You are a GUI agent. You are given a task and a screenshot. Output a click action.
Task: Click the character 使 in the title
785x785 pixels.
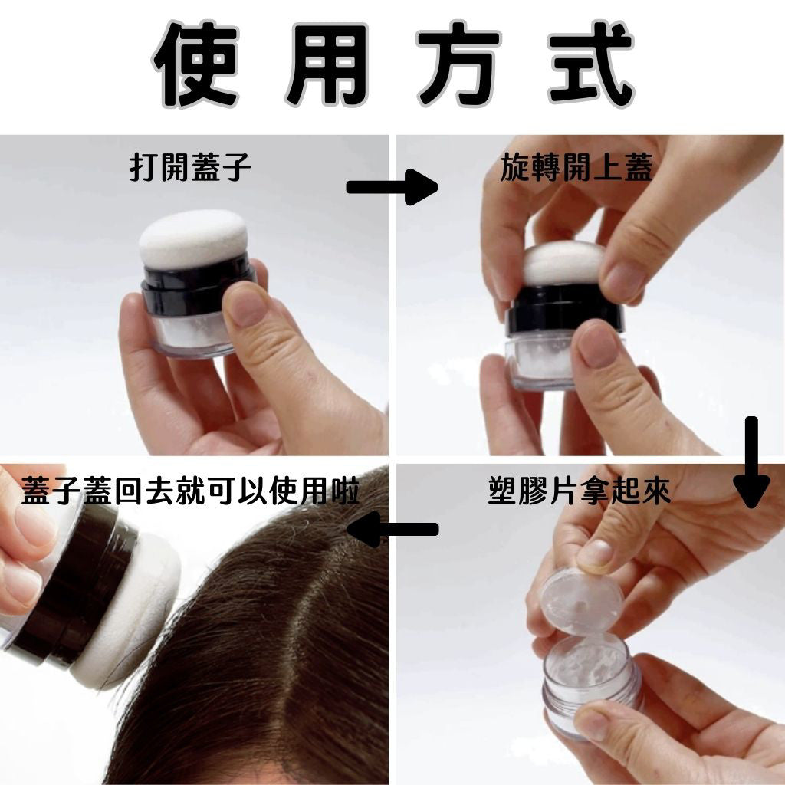click(x=195, y=64)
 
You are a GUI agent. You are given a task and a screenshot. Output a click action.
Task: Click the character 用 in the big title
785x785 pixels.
click(x=327, y=64)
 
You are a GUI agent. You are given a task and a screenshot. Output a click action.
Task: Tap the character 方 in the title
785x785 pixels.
click(x=459, y=64)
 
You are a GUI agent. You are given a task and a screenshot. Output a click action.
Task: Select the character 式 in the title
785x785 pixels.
click(x=591, y=64)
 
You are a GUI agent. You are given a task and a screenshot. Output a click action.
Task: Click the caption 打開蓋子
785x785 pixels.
click(x=190, y=167)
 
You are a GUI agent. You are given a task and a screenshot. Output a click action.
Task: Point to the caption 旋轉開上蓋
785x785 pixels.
click(x=576, y=167)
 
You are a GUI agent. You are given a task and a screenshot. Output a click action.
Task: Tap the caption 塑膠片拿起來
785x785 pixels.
click(x=580, y=491)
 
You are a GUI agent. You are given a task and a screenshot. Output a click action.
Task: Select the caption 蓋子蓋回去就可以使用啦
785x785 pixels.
click(x=191, y=491)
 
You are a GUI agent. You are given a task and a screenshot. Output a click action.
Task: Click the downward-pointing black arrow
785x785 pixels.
click(x=751, y=462)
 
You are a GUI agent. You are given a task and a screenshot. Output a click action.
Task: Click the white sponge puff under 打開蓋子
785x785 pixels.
click(x=192, y=239)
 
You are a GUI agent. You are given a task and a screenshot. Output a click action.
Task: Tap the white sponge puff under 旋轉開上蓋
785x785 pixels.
click(x=564, y=263)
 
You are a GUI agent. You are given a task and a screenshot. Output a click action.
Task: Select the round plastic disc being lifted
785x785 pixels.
click(x=582, y=602)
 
